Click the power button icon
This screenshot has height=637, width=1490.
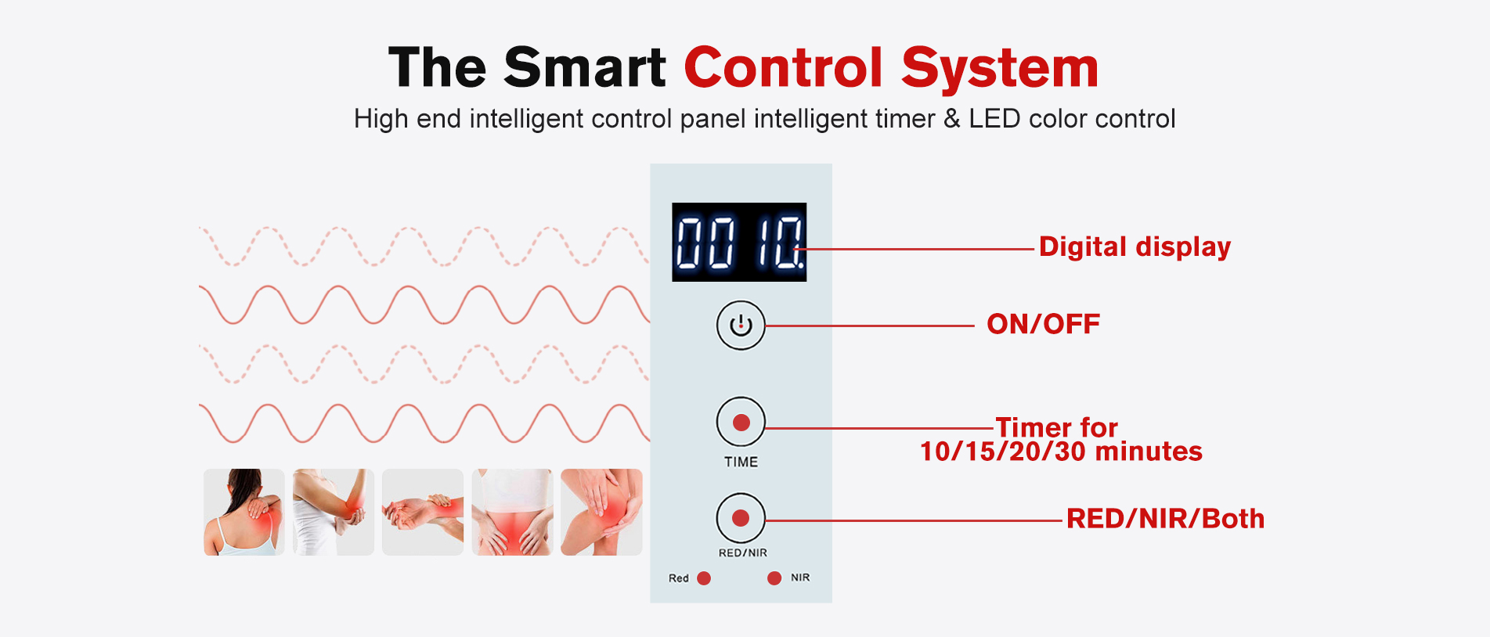[741, 325]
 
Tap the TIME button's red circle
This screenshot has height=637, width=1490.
[741, 423]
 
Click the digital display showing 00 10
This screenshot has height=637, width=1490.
[739, 242]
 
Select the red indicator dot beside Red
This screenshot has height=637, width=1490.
[704, 578]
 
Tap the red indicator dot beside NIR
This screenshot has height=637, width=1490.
[774, 578]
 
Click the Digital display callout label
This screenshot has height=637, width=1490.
[1135, 247]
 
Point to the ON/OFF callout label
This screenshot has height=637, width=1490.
[1043, 324]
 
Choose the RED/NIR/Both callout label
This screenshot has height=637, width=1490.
[1165, 519]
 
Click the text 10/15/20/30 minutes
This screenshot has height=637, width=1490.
[1061, 452]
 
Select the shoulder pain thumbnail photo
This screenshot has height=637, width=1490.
[244, 512]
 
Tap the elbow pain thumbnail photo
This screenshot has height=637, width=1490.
[334, 512]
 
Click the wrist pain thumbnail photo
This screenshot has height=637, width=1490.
[423, 512]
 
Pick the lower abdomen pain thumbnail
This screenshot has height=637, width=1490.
[512, 512]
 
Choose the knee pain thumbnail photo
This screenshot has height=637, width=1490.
[601, 512]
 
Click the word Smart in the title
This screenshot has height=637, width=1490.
[585, 67]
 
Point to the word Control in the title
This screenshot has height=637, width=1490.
[784, 67]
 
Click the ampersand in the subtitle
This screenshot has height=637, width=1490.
[951, 119]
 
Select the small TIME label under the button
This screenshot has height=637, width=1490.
[741, 462]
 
